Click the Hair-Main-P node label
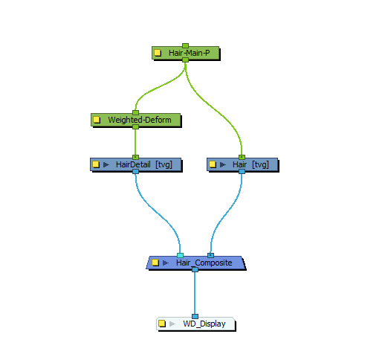click(189, 53)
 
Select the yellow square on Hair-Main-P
click(158, 53)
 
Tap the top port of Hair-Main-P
click(185, 45)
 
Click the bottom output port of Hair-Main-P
click(185, 60)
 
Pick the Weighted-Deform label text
click(140, 120)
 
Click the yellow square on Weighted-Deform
click(97, 120)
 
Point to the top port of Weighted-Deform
click(135, 112)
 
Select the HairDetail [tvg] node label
click(144, 164)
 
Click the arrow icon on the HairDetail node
click(106, 164)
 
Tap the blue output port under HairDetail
click(135, 171)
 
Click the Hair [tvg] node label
click(250, 164)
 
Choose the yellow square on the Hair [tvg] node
click(213, 164)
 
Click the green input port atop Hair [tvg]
click(242, 157)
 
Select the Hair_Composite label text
click(204, 263)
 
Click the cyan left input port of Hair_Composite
click(180, 255)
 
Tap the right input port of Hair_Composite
click(210, 255)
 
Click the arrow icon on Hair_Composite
click(166, 263)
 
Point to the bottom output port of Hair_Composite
click(195, 269)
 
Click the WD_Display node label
click(204, 324)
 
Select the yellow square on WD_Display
click(162, 324)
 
